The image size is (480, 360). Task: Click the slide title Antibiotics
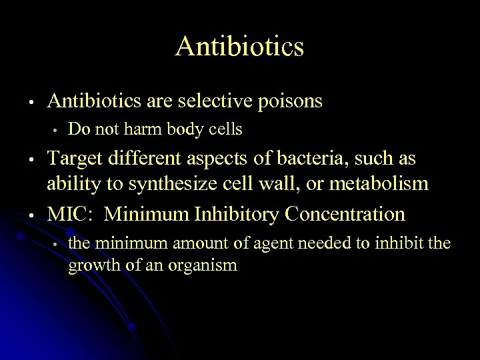point(240,47)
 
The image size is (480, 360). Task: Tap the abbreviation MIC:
point(69,214)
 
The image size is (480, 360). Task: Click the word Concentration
point(345,214)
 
